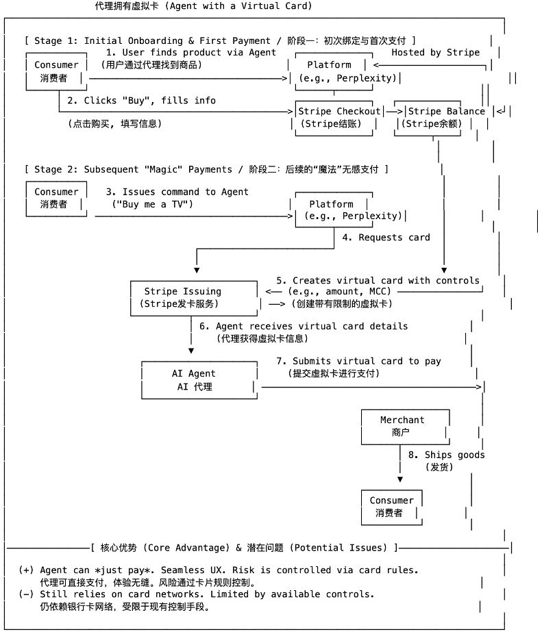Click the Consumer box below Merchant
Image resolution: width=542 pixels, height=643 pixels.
(x=392, y=507)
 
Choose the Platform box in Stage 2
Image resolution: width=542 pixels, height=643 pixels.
(x=332, y=210)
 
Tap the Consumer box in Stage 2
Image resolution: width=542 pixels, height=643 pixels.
(x=56, y=198)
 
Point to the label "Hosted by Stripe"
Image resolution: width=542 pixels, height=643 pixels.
(x=435, y=52)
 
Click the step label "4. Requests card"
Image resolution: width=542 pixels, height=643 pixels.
(x=386, y=237)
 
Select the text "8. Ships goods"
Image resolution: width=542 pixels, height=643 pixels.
(x=446, y=455)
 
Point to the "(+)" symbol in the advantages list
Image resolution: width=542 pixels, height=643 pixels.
(x=26, y=570)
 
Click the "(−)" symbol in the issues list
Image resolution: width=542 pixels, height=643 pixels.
(x=26, y=594)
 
